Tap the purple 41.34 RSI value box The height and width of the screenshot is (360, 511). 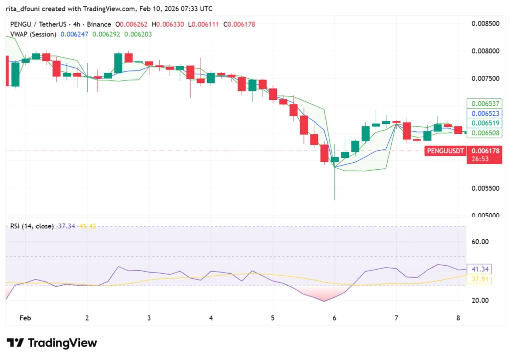coord(478,269)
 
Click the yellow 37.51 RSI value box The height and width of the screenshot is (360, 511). coord(478,279)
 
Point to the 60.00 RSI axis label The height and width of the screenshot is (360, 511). coord(480,242)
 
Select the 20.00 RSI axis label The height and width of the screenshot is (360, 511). coord(480,300)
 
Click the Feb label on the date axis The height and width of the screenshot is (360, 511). coord(25,318)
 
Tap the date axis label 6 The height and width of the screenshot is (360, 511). coord(334,318)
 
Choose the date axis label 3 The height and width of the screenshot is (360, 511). coord(149,318)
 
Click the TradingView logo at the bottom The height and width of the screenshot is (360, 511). coord(52,343)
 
